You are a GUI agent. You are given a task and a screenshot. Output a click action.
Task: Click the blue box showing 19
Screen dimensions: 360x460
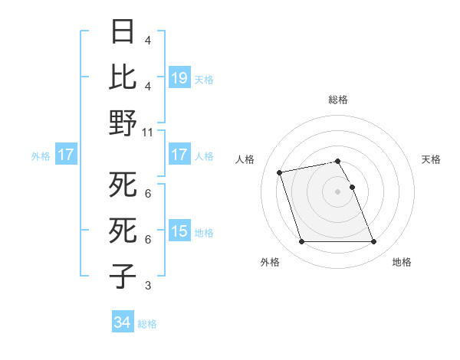179,78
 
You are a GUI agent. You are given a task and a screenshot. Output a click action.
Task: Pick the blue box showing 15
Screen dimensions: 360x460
179,231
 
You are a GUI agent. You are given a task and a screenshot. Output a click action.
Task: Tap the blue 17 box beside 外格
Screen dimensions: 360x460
65,155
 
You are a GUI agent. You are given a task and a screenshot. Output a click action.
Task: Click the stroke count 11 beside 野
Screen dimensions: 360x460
148,132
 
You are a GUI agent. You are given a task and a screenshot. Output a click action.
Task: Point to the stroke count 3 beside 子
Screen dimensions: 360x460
148,286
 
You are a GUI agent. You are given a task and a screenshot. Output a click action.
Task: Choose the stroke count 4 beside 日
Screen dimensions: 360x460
148,40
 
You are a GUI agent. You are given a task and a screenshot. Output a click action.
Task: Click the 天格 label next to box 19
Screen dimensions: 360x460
204,79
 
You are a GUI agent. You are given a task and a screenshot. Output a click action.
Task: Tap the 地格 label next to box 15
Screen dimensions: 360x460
204,232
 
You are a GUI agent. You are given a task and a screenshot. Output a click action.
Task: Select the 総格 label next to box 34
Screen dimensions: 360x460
147,324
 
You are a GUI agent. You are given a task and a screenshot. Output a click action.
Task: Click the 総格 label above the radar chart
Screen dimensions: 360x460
337,100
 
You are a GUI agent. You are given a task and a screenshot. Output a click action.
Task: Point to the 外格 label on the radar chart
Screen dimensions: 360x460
270,262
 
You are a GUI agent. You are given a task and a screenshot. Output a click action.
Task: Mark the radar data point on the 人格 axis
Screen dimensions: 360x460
280,172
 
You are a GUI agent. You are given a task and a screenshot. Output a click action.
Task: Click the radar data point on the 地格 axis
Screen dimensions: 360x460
373,242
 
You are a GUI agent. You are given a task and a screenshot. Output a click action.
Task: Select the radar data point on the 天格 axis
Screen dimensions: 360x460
352,187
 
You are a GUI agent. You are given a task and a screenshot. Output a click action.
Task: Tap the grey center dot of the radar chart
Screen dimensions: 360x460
337,191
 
